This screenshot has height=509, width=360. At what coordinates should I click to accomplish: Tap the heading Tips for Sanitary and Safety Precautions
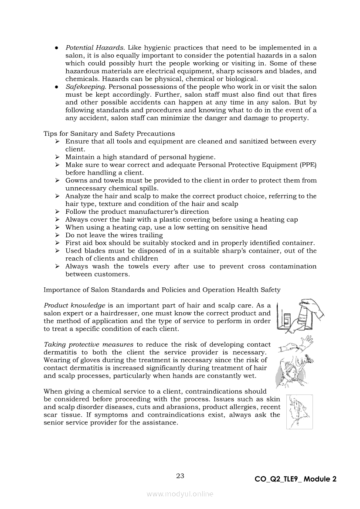point(109,134)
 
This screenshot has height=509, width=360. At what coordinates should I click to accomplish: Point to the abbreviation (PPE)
point(308,165)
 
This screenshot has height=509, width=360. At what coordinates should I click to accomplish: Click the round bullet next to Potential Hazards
point(57,47)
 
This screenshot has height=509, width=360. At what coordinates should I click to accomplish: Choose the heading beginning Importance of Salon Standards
point(162,290)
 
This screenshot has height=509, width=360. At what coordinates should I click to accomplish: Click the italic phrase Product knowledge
point(74,306)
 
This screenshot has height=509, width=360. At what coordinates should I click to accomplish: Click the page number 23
point(180,476)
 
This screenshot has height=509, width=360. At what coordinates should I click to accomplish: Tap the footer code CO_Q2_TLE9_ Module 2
point(295,479)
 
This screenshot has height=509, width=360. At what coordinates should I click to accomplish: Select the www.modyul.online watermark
point(180,494)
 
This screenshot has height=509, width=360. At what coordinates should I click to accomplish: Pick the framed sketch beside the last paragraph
point(299,411)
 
